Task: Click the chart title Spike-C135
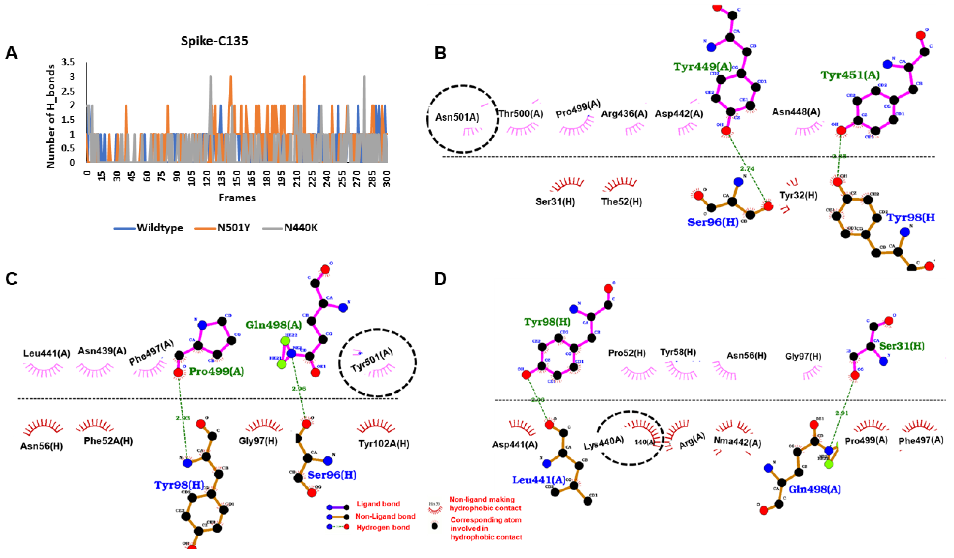(214, 41)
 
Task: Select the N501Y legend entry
(233, 228)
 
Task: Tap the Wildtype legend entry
(160, 228)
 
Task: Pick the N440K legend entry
(301, 228)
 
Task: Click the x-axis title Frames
(237, 198)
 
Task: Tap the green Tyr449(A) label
(702, 67)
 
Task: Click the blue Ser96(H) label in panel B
(713, 222)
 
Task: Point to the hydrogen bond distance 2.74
(747, 169)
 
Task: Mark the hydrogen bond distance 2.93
(183, 418)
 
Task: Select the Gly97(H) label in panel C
(258, 441)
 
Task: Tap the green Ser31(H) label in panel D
(902, 346)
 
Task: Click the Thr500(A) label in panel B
(521, 114)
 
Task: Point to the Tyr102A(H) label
(384, 444)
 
